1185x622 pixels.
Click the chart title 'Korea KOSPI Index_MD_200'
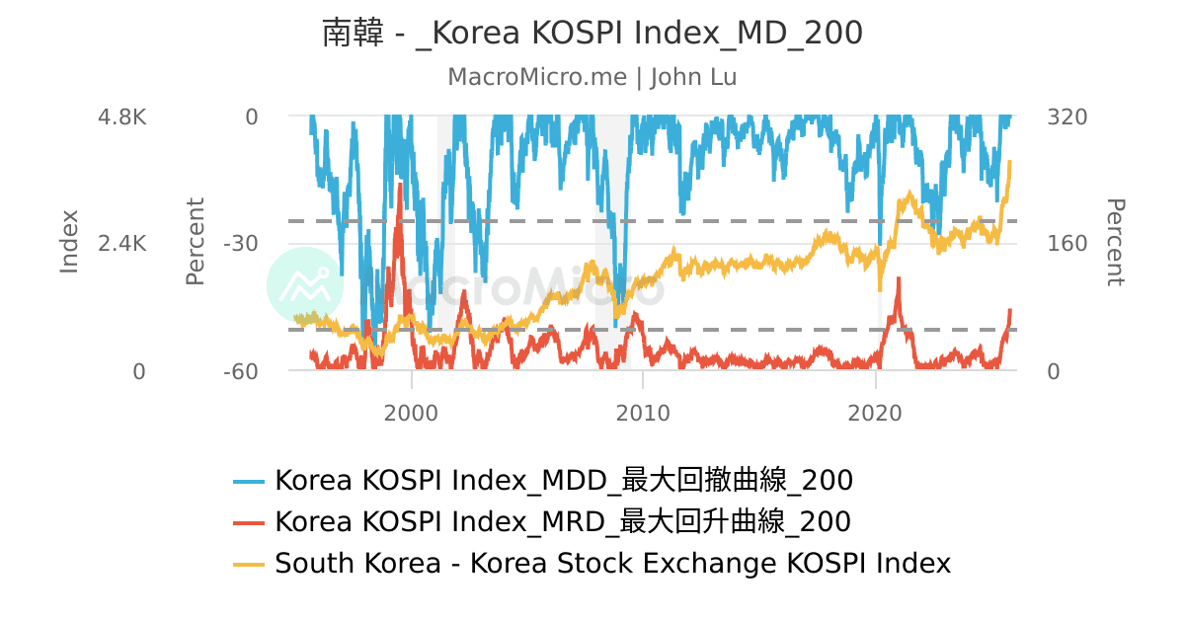click(592, 33)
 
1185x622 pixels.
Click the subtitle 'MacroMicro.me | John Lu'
click(592, 77)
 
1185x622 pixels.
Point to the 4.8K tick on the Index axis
click(121, 117)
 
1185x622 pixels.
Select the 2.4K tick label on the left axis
click(121, 244)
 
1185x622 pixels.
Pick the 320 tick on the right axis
click(1066, 117)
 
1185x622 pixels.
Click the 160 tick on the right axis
click(1066, 244)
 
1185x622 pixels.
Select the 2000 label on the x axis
click(412, 413)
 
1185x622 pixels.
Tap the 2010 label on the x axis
click(643, 413)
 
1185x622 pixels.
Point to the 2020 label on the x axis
click(876, 413)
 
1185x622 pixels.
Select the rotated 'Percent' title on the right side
click(1114, 242)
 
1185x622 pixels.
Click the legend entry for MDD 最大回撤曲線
click(563, 481)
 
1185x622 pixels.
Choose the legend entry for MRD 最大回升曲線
click(562, 521)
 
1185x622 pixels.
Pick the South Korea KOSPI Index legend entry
click(612, 563)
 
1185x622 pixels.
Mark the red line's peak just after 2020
click(899, 279)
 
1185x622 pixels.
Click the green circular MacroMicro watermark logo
click(305, 284)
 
